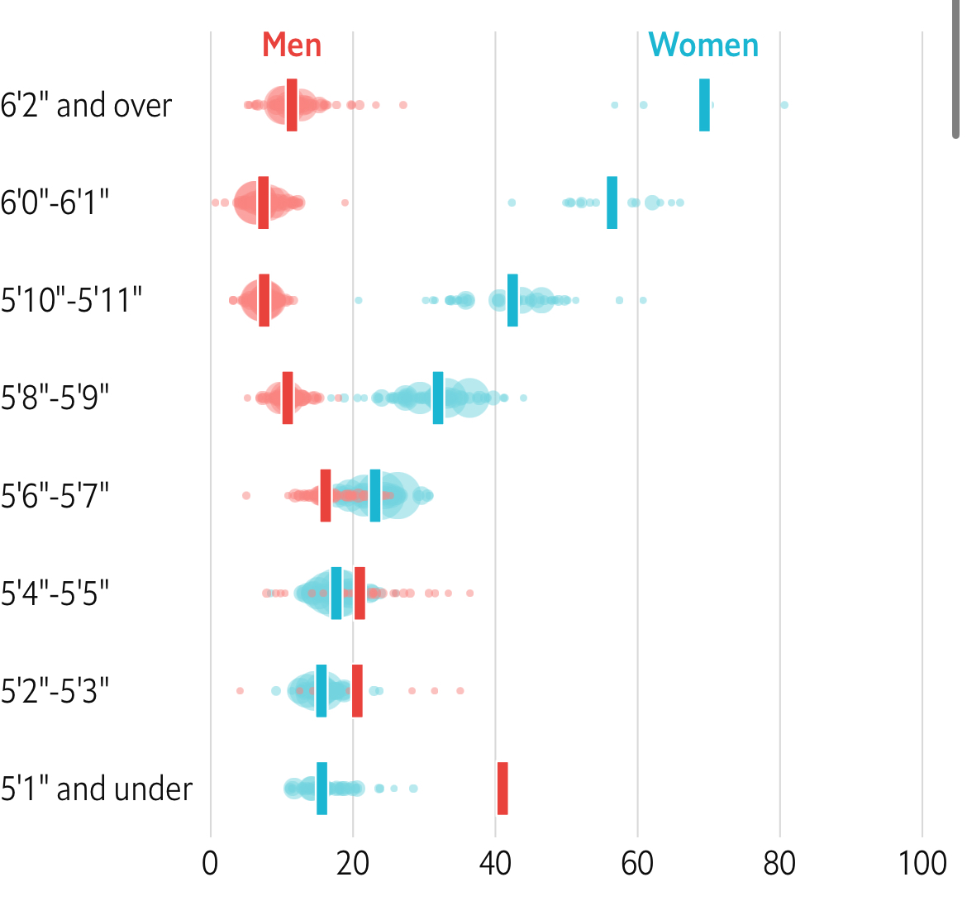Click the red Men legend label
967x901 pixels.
[x=292, y=45]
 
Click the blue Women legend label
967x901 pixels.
[x=703, y=45]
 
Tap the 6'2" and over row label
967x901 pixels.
[x=86, y=106]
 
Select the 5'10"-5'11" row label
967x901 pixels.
[x=71, y=300]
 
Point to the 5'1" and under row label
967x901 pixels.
[x=96, y=789]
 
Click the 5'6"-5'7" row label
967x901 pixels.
[x=55, y=496]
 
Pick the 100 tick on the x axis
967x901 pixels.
[x=922, y=864]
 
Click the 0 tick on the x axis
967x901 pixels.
[x=211, y=864]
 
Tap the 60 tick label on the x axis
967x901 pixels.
[x=637, y=864]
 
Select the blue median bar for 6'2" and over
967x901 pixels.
[x=704, y=105]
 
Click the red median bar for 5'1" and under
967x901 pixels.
[x=503, y=789]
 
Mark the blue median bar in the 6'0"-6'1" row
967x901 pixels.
[x=612, y=203]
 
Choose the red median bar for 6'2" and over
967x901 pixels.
[x=292, y=105]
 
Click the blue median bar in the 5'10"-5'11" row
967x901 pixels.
[x=512, y=300]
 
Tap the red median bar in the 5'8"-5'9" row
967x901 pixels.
[x=288, y=398]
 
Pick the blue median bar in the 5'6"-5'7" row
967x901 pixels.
[x=375, y=495]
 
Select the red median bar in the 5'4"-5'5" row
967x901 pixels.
[x=360, y=593]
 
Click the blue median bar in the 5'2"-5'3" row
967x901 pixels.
[x=322, y=690]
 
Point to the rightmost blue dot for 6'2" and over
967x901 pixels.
[x=784, y=105]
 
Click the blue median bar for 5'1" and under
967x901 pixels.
[x=322, y=789]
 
